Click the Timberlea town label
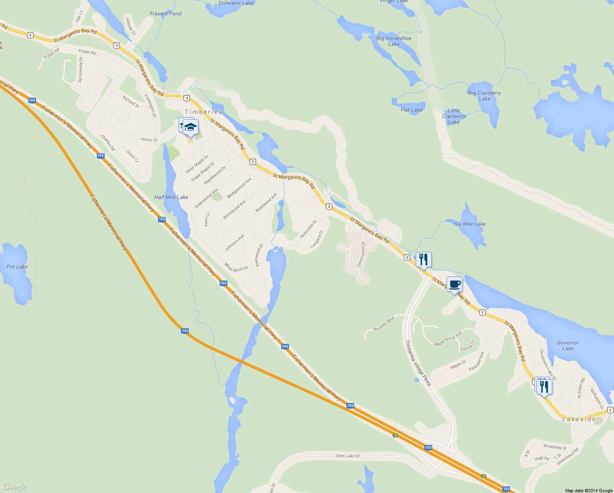click(x=204, y=112)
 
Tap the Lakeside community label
click(x=579, y=419)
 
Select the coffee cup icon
click(x=454, y=284)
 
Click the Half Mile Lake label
click(x=171, y=197)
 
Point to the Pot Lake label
click(x=17, y=267)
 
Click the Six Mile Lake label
click(x=470, y=224)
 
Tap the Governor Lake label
click(x=568, y=346)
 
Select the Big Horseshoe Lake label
click(x=394, y=41)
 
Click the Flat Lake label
click(x=411, y=110)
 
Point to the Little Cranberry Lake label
click(x=454, y=116)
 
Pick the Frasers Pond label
click(x=165, y=14)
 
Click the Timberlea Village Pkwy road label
click(x=418, y=363)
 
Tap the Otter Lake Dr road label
click(x=348, y=456)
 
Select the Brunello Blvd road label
click(x=384, y=323)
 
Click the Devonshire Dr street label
click(x=361, y=255)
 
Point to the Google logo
click(x=14, y=486)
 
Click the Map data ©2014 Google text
click(x=589, y=490)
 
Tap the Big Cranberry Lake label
click(x=484, y=96)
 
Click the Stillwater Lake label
click(x=236, y=3)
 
